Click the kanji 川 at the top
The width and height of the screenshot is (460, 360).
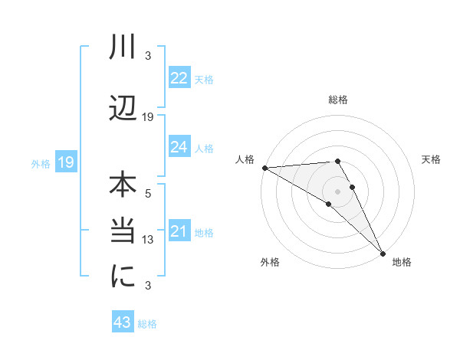click(123, 48)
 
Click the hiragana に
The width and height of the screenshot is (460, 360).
click(123, 278)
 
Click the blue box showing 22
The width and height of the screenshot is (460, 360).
click(179, 78)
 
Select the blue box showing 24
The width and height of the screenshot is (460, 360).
click(179, 147)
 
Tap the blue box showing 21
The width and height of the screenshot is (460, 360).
click(179, 231)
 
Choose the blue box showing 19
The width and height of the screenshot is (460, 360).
click(65, 162)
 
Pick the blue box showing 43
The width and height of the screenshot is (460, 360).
click(123, 322)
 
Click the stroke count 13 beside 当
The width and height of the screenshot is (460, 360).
click(149, 240)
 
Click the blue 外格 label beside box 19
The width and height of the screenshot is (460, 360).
click(41, 163)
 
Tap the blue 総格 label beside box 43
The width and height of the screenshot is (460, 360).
click(148, 324)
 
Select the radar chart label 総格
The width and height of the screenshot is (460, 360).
click(338, 100)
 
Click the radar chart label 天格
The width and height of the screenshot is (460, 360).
click(431, 159)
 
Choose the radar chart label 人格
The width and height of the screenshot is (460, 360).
click(245, 159)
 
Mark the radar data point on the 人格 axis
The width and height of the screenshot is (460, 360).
click(264, 168)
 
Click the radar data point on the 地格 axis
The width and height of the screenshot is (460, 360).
click(383, 252)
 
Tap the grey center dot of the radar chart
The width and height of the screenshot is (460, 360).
click(338, 191)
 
